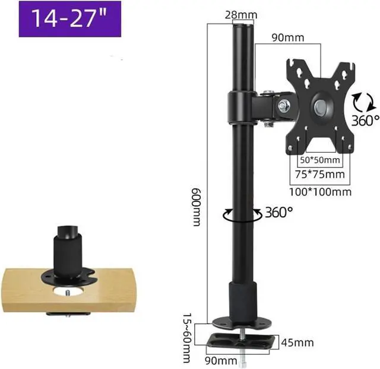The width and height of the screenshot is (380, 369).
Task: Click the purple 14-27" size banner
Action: [x=70, y=19]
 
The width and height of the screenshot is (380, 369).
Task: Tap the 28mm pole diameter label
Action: [x=241, y=15]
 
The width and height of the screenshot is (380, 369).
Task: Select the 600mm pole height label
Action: [x=197, y=207]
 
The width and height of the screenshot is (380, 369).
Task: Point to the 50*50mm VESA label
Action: [x=320, y=160]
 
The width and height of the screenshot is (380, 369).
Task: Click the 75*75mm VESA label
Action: [x=320, y=174]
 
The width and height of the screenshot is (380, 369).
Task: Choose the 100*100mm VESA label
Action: [x=321, y=192]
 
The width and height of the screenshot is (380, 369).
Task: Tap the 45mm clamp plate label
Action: [x=297, y=342]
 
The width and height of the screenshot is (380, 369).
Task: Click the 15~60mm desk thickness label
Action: [x=187, y=338]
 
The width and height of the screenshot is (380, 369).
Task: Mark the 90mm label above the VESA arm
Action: [x=287, y=37]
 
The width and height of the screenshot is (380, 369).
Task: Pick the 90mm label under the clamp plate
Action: [x=221, y=361]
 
